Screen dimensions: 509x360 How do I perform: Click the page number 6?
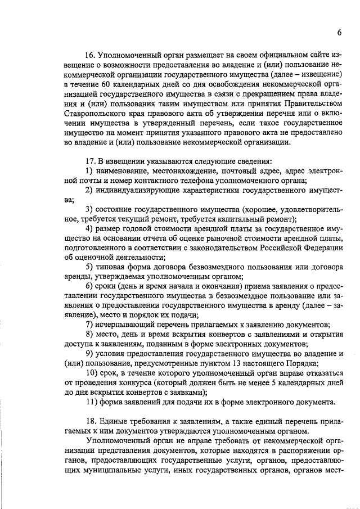click(x=340, y=33)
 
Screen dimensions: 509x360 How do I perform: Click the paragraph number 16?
click(x=89, y=56)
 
